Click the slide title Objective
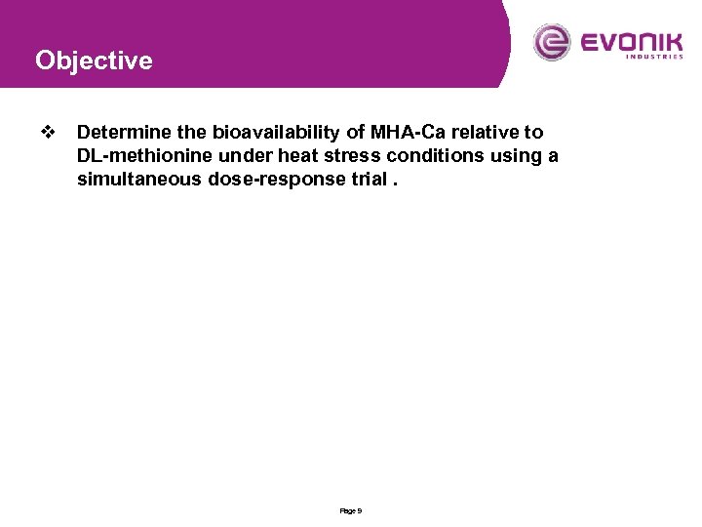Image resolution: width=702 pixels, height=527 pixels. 94,61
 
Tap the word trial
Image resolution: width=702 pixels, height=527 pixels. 362,180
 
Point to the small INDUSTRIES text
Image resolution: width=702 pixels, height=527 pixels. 653,57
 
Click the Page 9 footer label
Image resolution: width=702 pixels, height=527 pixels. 351,510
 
